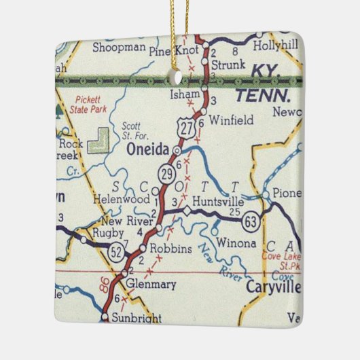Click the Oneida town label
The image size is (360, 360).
point(148,153)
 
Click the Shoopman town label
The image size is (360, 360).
point(119,47)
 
